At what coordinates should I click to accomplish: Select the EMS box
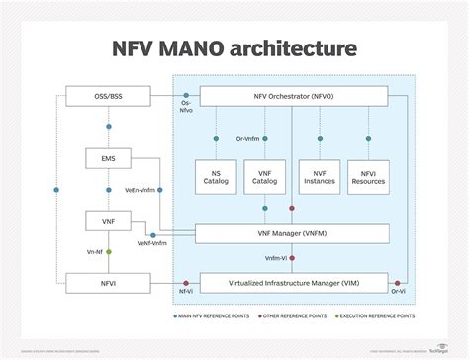[x=106, y=157]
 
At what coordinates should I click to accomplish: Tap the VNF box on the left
[x=106, y=219]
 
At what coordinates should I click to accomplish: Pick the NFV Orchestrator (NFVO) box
[x=295, y=96]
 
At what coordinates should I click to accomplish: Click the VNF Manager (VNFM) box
[x=295, y=234]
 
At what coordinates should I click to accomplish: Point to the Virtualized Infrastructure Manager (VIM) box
[x=295, y=283]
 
